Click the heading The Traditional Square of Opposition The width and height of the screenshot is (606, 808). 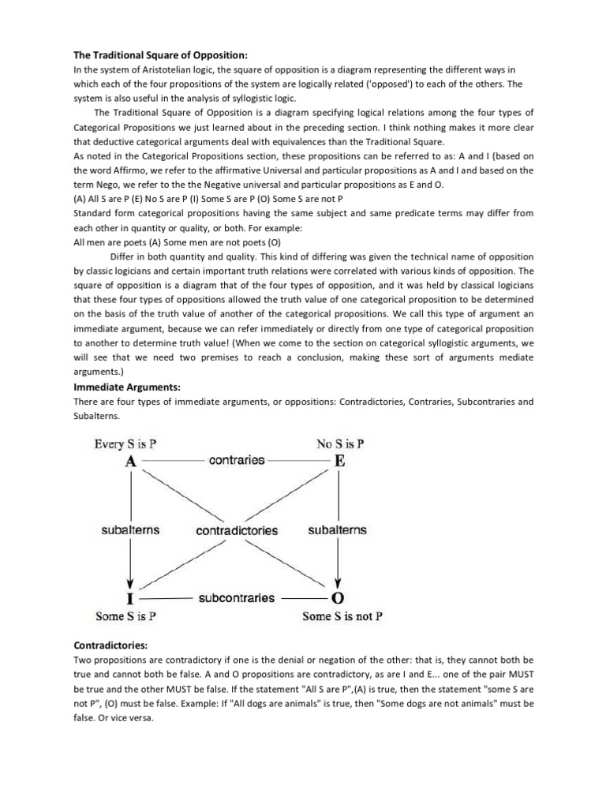(x=160, y=54)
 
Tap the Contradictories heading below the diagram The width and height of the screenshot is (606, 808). (x=116, y=645)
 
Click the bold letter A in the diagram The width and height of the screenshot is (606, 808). (x=131, y=462)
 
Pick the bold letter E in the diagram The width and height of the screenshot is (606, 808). (x=339, y=462)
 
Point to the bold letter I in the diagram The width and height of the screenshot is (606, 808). (x=131, y=599)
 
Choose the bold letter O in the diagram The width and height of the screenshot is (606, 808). (x=339, y=599)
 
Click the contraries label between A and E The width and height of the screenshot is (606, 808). (x=237, y=460)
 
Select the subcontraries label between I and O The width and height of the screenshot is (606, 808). (x=237, y=597)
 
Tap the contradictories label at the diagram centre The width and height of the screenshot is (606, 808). (x=237, y=531)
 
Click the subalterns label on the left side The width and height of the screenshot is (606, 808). (x=131, y=530)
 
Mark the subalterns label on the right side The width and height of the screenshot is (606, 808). (x=337, y=530)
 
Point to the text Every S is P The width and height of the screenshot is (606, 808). (x=130, y=444)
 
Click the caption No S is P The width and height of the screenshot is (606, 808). (x=340, y=444)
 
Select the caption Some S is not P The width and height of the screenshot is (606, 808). (x=342, y=616)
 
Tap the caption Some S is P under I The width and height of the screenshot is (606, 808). (x=125, y=616)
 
